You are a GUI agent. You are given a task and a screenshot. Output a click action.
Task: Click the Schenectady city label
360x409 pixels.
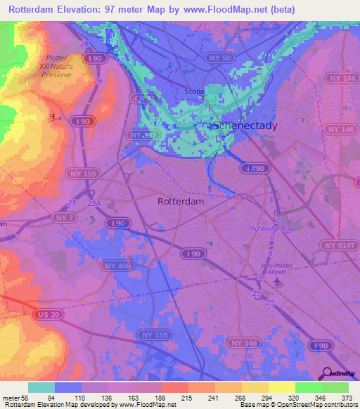(244, 125)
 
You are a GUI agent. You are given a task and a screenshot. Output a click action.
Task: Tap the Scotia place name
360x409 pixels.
(193, 91)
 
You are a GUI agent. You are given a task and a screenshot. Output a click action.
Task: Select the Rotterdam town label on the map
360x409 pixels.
(181, 201)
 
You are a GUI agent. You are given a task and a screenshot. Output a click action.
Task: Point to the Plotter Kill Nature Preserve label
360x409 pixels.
(56, 66)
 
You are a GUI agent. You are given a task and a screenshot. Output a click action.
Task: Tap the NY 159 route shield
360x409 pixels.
(83, 173)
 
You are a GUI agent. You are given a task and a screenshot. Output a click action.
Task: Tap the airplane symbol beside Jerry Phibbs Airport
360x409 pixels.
(277, 282)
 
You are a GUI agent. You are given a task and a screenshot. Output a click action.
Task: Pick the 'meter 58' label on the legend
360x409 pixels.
(14, 398)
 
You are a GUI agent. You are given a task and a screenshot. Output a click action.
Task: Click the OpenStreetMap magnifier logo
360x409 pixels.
(326, 372)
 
